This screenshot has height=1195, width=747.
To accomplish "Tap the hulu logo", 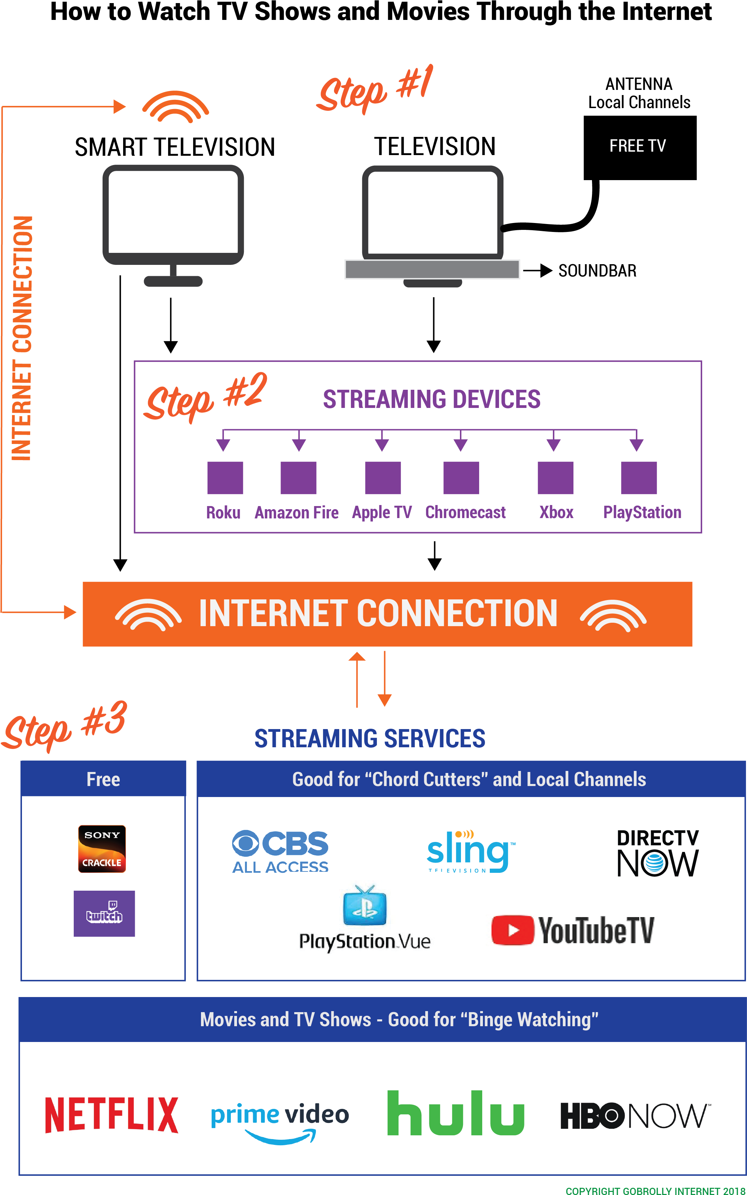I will click(455, 1113).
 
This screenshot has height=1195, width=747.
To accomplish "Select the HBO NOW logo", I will click(633, 1115).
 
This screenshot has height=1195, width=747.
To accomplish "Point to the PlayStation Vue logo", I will click(365, 919).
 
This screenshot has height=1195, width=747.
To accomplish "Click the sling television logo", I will click(469, 851).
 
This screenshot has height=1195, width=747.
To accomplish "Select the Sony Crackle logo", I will click(102, 848).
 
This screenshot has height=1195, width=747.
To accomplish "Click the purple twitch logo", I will click(104, 913).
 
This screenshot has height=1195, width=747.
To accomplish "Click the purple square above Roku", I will click(225, 477).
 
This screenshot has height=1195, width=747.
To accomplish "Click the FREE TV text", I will click(637, 146).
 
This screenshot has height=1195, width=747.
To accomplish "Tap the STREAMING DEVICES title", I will click(431, 399).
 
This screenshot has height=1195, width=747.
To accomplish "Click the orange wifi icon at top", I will click(175, 107).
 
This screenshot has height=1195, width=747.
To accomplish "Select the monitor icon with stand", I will click(173, 225).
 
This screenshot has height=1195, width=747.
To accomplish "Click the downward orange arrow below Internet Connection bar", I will click(384, 680).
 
